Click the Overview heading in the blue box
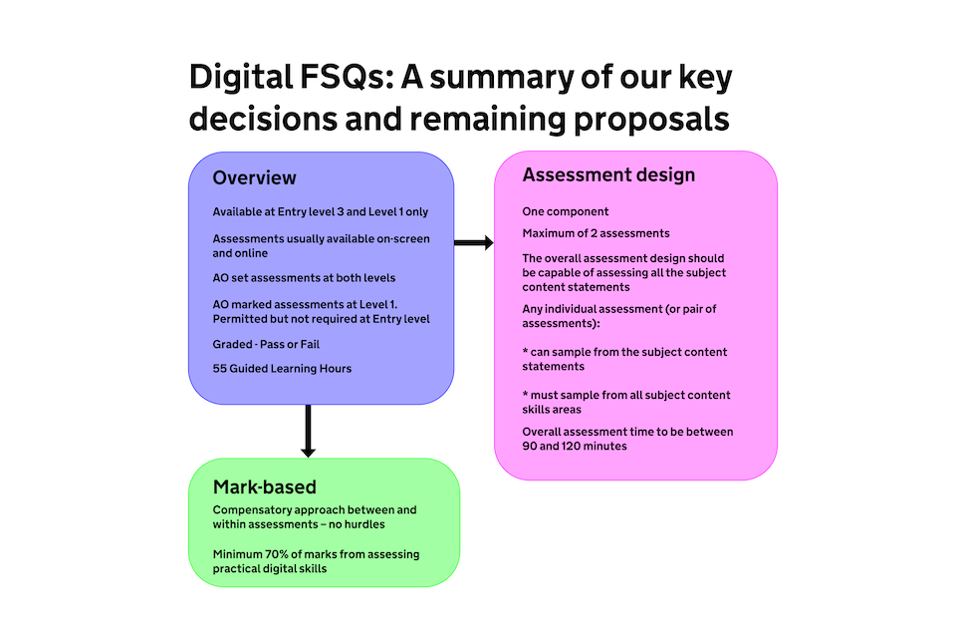click(x=254, y=178)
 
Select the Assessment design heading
click(x=608, y=175)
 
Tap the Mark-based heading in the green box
click(x=264, y=487)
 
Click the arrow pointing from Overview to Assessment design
click(x=474, y=242)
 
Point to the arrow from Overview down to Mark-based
click(x=308, y=430)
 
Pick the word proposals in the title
click(x=651, y=119)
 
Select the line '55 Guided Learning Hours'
click(x=282, y=369)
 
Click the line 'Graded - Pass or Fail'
click(x=266, y=344)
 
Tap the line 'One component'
click(x=566, y=212)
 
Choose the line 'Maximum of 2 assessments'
click(x=596, y=233)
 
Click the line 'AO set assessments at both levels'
click(x=297, y=277)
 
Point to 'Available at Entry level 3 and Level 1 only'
click(x=320, y=212)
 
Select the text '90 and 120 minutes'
click(x=575, y=447)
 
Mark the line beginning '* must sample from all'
click(x=624, y=396)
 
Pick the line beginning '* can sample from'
click(x=624, y=352)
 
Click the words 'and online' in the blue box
click(x=240, y=253)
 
